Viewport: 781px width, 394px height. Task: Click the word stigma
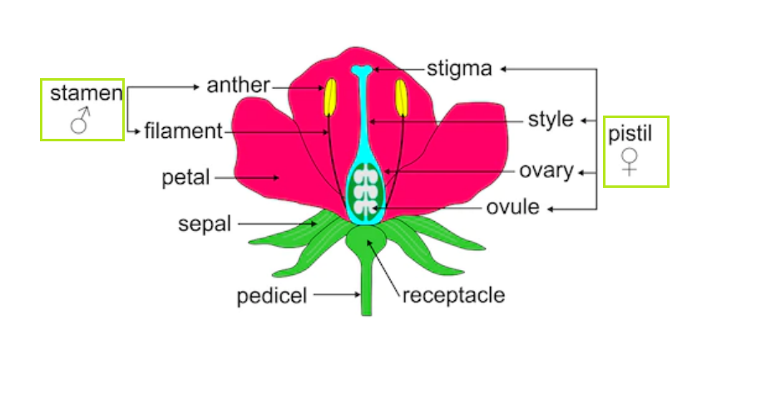point(459,68)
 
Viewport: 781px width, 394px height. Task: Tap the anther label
point(238,85)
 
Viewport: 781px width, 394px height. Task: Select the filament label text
point(183,131)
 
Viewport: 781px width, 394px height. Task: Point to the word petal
point(186,177)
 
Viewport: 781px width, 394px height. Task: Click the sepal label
point(205,224)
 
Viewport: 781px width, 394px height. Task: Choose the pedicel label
point(272,295)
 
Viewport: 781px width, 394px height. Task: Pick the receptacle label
point(453,295)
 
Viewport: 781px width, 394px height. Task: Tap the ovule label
point(513,206)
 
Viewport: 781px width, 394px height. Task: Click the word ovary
point(546,171)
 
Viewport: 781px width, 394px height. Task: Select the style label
point(551,120)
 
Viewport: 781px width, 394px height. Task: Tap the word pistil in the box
point(630,133)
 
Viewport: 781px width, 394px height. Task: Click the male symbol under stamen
point(80,122)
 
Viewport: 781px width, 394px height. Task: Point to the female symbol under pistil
point(630,161)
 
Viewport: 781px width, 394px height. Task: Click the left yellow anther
point(329,97)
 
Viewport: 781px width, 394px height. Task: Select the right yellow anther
point(401,97)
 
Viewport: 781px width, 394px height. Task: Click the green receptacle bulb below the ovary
point(366,241)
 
